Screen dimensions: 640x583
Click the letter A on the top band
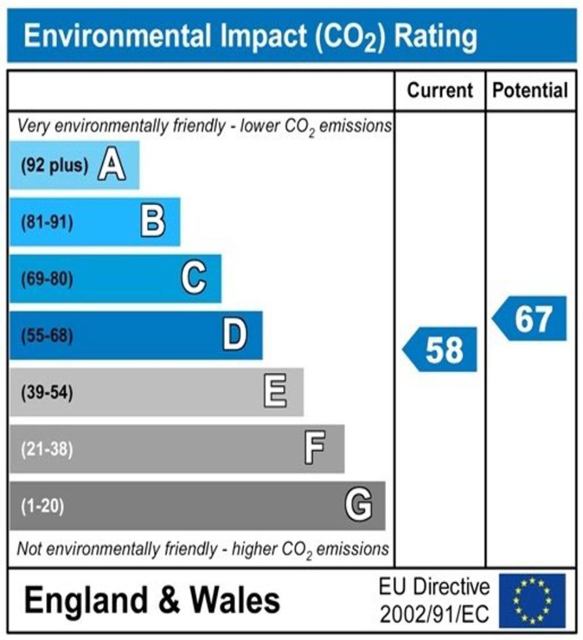click(x=111, y=166)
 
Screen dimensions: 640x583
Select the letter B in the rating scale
click(x=152, y=222)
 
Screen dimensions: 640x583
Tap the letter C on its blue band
click(x=194, y=278)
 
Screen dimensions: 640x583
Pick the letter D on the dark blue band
click(x=235, y=336)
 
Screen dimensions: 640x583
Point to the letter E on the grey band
click(x=276, y=392)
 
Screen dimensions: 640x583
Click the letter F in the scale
click(x=314, y=449)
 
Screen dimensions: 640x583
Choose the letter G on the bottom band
click(x=359, y=505)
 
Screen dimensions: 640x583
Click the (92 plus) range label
click(x=54, y=166)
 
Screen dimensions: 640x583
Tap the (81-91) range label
click(x=47, y=222)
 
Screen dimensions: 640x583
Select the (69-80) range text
click(x=47, y=279)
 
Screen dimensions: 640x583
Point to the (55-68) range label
click(x=47, y=336)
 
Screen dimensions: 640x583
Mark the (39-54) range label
click(x=47, y=393)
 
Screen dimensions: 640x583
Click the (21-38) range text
click(x=47, y=449)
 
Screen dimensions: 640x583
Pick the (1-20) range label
click(x=42, y=506)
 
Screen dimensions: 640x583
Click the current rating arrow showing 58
click(x=441, y=349)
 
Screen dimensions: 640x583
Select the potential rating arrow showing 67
click(x=531, y=319)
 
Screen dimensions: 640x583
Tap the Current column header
click(x=440, y=91)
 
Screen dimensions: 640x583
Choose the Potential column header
click(x=531, y=91)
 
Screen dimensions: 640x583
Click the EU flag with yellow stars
click(x=532, y=601)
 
